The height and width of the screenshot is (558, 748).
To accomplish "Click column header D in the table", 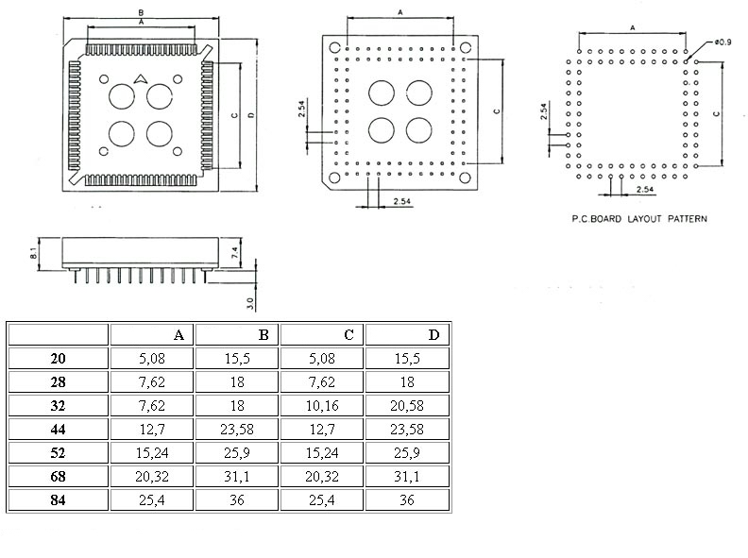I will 433,334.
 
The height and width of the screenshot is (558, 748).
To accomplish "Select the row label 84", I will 59,499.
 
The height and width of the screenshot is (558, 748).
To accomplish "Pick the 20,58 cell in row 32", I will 407,405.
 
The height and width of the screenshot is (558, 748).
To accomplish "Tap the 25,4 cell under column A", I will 153,499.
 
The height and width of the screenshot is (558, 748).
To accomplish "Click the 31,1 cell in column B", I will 237,476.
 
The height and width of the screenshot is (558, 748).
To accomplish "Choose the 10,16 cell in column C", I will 322,405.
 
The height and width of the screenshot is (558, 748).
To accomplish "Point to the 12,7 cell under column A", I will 153,429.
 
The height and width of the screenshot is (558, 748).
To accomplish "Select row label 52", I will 59,452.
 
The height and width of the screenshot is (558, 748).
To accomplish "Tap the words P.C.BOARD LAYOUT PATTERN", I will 639,218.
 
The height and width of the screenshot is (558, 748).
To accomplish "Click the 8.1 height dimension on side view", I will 33,254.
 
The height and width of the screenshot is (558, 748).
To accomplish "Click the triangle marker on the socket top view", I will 140,79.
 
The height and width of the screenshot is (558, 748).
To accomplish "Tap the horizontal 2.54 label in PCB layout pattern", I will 646,190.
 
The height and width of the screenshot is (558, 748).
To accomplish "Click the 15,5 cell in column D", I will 407,358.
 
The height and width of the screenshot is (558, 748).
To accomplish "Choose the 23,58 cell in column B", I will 237,429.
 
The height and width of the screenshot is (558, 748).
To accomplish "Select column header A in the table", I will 178,334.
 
